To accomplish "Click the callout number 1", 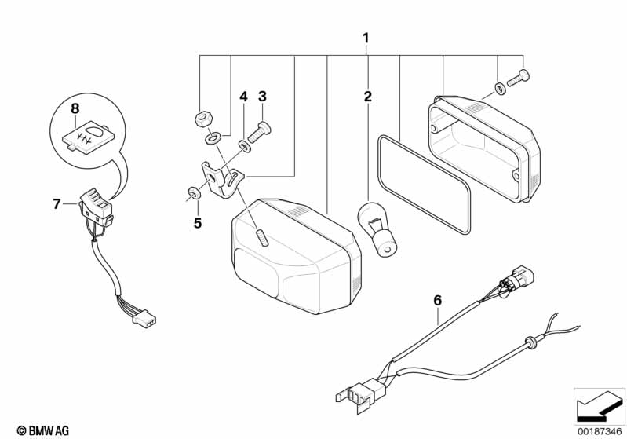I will tap(366, 38).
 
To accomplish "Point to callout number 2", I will tap(366, 97).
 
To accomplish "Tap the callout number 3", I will tap(262, 97).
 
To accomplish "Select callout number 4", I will tap(243, 97).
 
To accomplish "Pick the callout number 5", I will tap(198, 223).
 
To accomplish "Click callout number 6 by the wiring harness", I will tap(437, 299).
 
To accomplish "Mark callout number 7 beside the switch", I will tap(57, 204).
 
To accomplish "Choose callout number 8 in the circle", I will tap(75, 108).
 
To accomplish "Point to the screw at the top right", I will tap(519, 77).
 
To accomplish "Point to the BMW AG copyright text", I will tap(38, 430).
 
